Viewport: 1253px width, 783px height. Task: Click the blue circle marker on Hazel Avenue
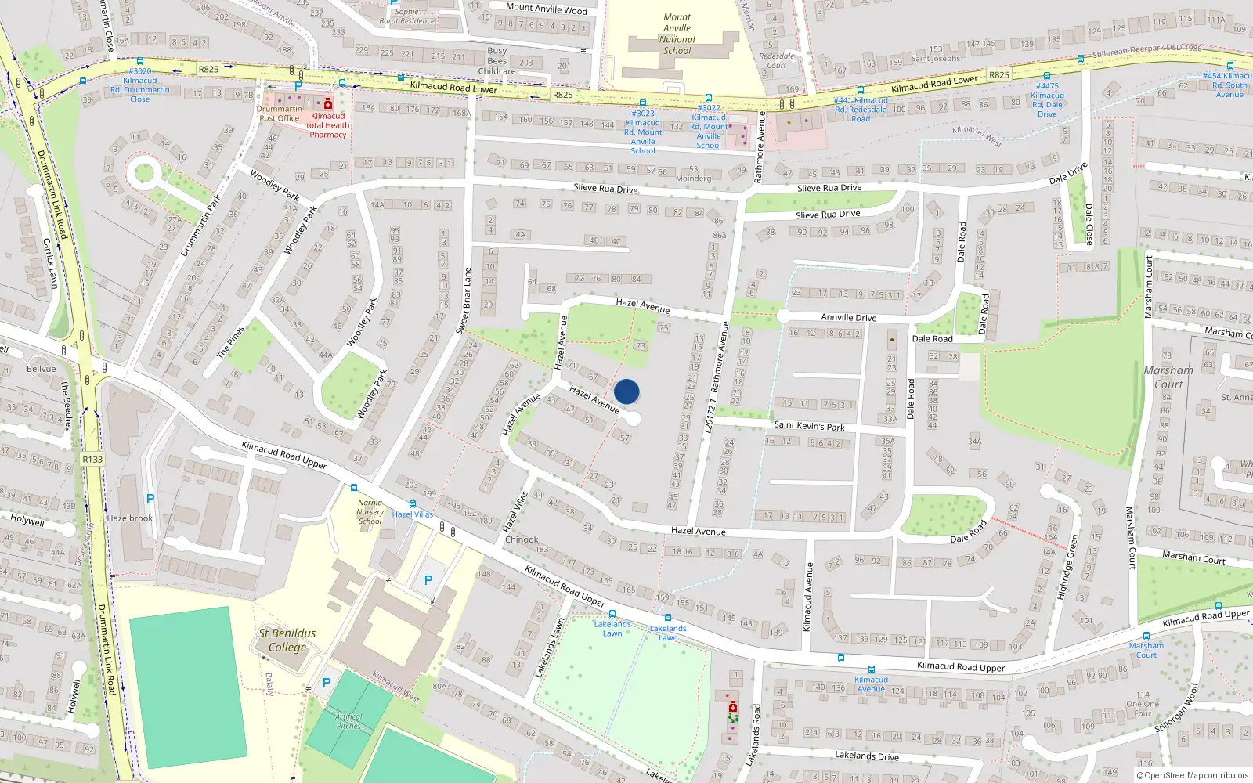click(x=626, y=391)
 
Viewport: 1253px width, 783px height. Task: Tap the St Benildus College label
click(x=287, y=640)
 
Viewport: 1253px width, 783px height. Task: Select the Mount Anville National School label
click(x=677, y=34)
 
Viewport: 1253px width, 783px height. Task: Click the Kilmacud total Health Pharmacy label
click(x=327, y=125)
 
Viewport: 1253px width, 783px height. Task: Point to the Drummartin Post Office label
click(x=279, y=114)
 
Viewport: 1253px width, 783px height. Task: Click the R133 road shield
click(x=92, y=460)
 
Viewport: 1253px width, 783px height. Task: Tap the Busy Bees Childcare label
click(x=497, y=61)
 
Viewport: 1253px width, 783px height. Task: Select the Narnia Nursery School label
click(x=370, y=512)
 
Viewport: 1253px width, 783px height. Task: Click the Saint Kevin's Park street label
click(x=809, y=426)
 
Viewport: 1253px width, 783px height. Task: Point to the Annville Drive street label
click(x=848, y=317)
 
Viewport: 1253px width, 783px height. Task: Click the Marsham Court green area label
click(x=1168, y=377)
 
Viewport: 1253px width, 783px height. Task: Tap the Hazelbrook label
click(x=130, y=518)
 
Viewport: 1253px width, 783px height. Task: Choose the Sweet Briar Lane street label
click(x=464, y=301)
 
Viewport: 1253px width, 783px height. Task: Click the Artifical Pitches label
click(x=349, y=721)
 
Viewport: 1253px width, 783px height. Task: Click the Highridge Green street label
click(x=1067, y=567)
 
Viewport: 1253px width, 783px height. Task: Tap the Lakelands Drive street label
click(x=866, y=756)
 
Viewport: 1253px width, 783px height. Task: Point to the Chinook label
click(x=522, y=539)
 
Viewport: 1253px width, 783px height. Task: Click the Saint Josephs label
click(x=935, y=59)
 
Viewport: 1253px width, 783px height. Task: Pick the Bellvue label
click(x=42, y=369)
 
